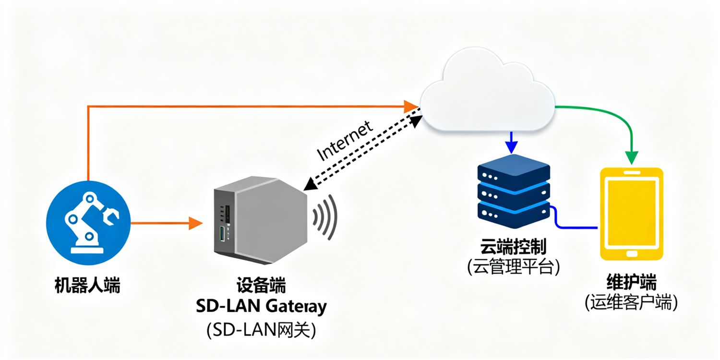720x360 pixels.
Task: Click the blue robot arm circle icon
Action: click(x=88, y=223)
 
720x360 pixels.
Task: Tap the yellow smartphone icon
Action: click(x=632, y=214)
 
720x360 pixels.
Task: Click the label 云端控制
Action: click(x=513, y=248)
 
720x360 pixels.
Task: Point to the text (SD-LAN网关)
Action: click(x=261, y=330)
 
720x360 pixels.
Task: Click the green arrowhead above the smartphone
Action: click(x=632, y=157)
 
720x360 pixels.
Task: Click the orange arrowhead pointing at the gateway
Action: click(x=195, y=223)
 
